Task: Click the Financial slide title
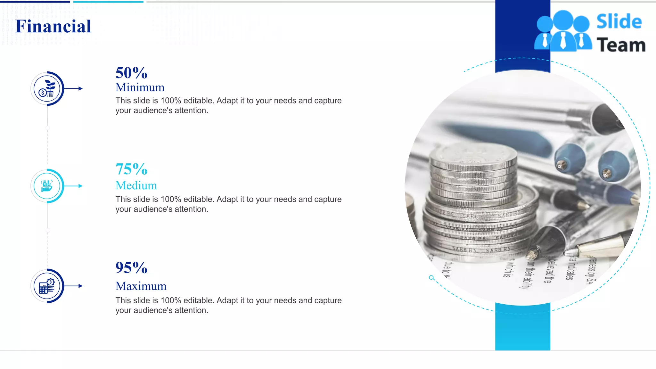pyautogui.click(x=53, y=26)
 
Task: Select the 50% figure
pyautogui.click(x=131, y=73)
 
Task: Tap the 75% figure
pyautogui.click(x=131, y=169)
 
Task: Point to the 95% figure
pyautogui.click(x=131, y=268)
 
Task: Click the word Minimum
pyautogui.click(x=140, y=87)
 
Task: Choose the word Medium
pyautogui.click(x=136, y=185)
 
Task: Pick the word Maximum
pyautogui.click(x=141, y=286)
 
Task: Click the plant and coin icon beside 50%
pyautogui.click(x=47, y=89)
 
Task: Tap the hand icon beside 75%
pyautogui.click(x=47, y=186)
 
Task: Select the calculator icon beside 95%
pyautogui.click(x=47, y=286)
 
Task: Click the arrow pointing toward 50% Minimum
pyautogui.click(x=74, y=89)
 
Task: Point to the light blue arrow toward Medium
pyautogui.click(x=74, y=186)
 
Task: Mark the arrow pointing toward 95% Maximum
pyautogui.click(x=74, y=286)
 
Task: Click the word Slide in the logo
pyautogui.click(x=619, y=22)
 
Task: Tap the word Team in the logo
pyautogui.click(x=621, y=45)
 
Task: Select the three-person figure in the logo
pyautogui.click(x=563, y=31)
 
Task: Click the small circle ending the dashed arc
pyautogui.click(x=431, y=278)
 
